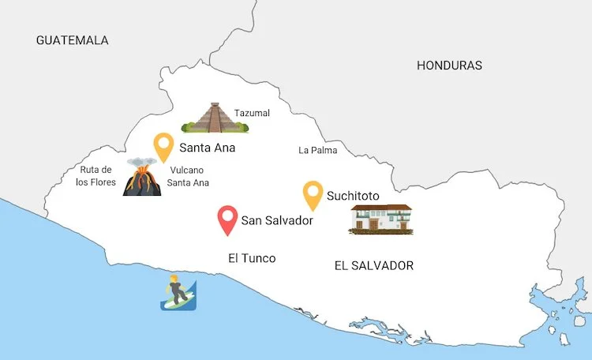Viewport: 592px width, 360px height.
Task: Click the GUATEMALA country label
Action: pyautogui.click(x=72, y=40)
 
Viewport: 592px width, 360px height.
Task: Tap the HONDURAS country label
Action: pyautogui.click(x=449, y=66)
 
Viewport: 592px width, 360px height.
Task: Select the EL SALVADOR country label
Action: pyautogui.click(x=373, y=265)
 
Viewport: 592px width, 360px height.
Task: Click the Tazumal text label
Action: pyautogui.click(x=252, y=113)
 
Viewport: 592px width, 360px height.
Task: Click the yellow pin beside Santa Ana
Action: pyautogui.click(x=163, y=146)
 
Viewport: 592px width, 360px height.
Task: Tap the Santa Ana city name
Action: pyautogui.click(x=207, y=148)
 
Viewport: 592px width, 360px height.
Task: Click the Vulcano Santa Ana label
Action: pyautogui.click(x=188, y=176)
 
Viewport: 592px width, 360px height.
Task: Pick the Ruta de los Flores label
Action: pyautogui.click(x=96, y=176)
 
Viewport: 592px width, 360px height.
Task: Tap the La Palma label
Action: pyautogui.click(x=317, y=150)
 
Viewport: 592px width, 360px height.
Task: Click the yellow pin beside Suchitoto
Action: pyautogui.click(x=313, y=194)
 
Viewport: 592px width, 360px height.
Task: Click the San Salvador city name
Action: pyautogui.click(x=277, y=221)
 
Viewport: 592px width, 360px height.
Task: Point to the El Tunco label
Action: pyautogui.click(x=252, y=258)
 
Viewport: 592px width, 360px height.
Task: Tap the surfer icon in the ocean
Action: pyautogui.click(x=178, y=293)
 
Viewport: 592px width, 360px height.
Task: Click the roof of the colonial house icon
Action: pyautogui.click(x=381, y=208)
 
